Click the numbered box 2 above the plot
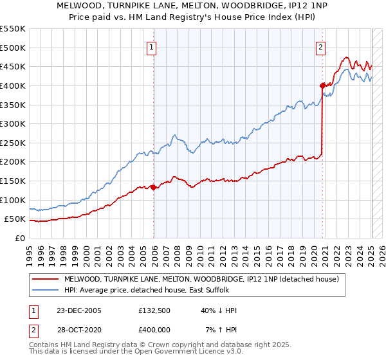pos(320,47)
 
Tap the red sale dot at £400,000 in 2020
pos(322,85)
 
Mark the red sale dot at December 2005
pos(154,187)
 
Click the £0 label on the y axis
pos(20,238)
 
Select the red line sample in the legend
pos(45,279)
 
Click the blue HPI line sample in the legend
pos(45,290)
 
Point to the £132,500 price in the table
pos(155,310)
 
